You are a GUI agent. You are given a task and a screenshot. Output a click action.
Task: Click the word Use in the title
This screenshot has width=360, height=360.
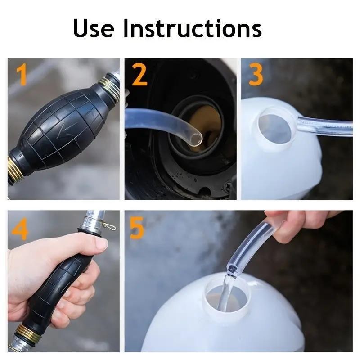tap(94, 28)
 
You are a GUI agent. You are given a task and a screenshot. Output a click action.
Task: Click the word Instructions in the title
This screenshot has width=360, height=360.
tap(193, 28)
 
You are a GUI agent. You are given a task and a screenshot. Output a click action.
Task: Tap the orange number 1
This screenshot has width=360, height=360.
tap(22, 75)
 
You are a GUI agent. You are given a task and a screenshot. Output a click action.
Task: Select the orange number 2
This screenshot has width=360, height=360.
tap(139, 75)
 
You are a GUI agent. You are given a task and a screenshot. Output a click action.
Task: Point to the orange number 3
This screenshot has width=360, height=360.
tap(256, 75)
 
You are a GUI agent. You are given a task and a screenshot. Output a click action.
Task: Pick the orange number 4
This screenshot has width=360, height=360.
tap(20, 229)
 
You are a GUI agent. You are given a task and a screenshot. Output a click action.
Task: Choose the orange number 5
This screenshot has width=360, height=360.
tap(137, 227)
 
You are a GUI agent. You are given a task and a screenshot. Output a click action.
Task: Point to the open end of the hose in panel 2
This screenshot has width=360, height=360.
tap(197, 139)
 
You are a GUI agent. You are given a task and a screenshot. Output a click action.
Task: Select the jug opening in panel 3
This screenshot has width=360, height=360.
tap(275, 129)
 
